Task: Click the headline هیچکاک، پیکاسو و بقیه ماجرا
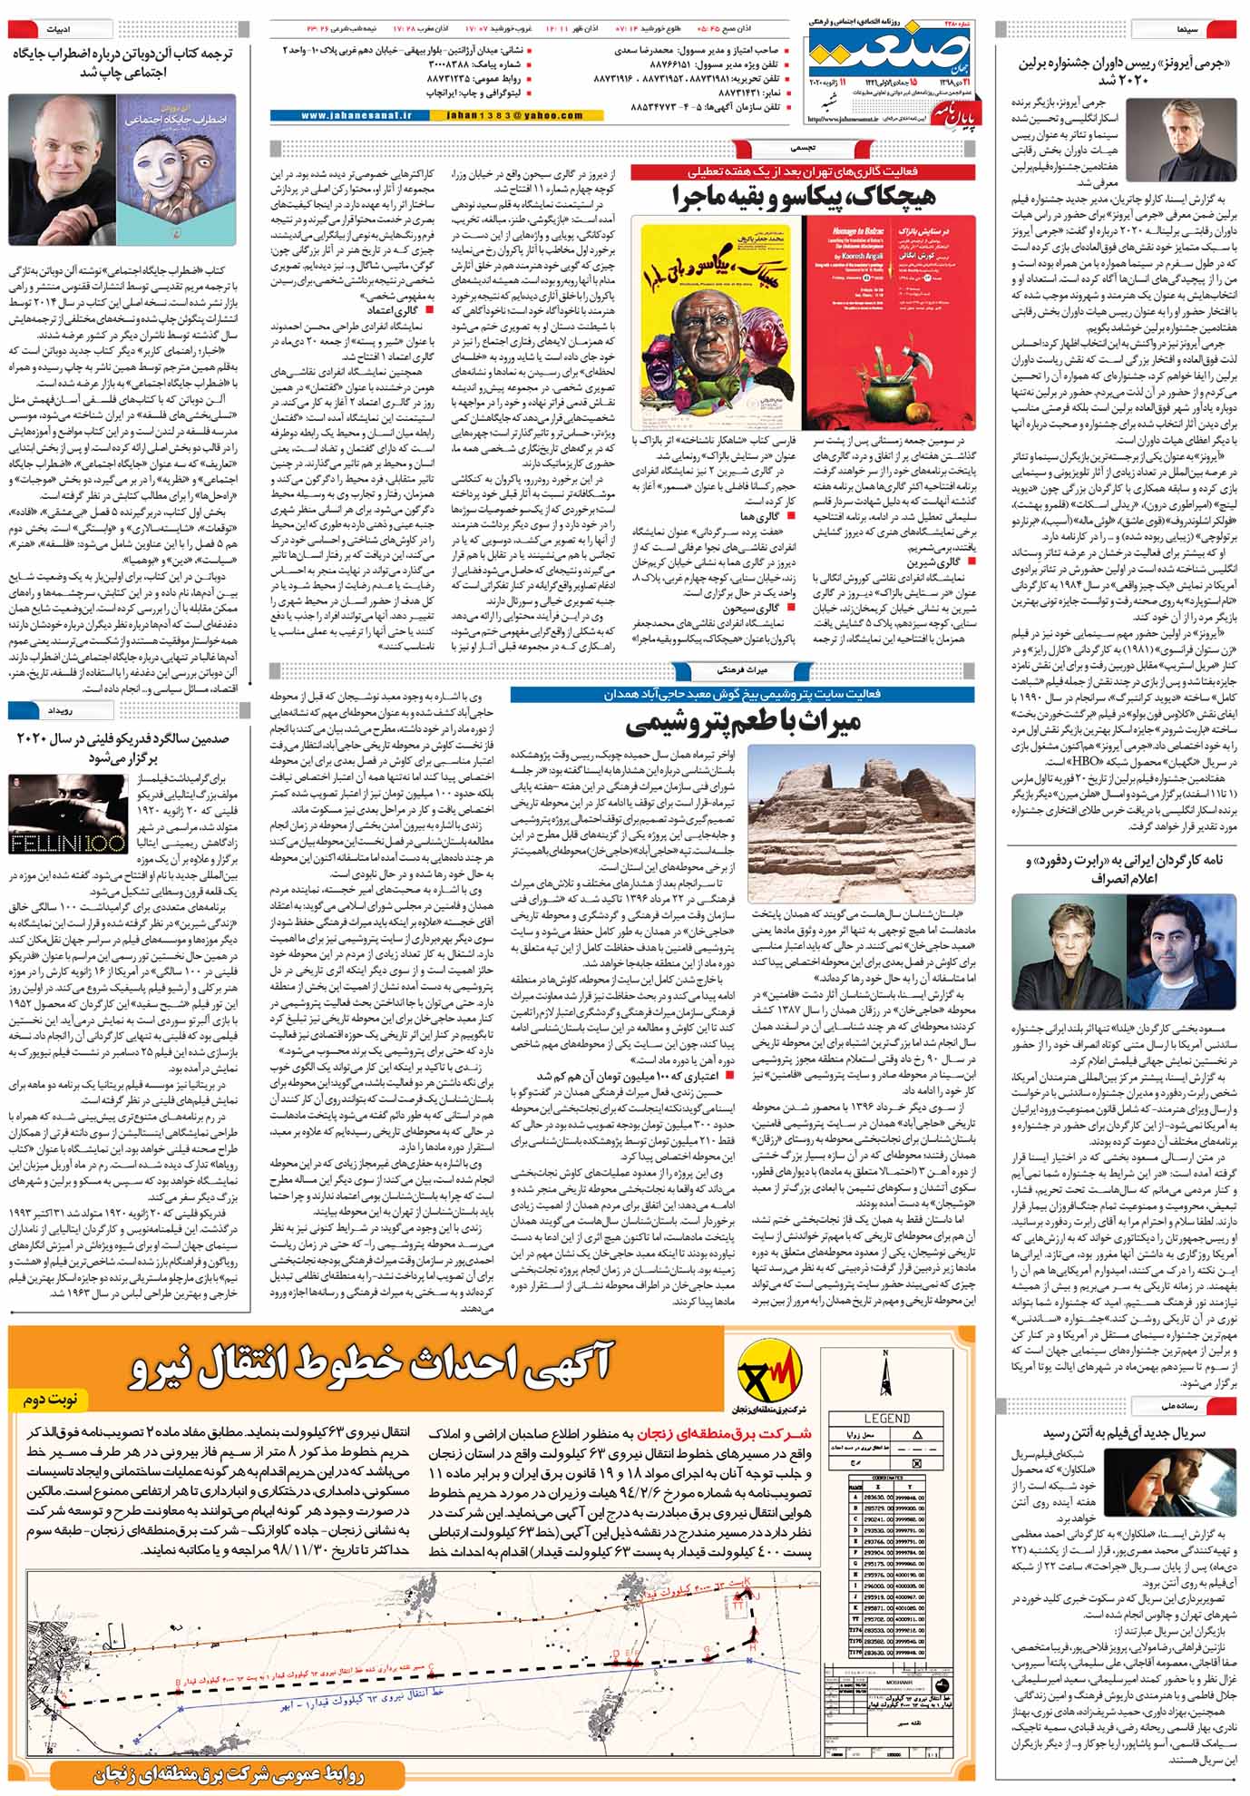tap(803, 196)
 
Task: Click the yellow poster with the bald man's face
tap(718, 323)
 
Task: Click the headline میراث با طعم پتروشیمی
tap(744, 724)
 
